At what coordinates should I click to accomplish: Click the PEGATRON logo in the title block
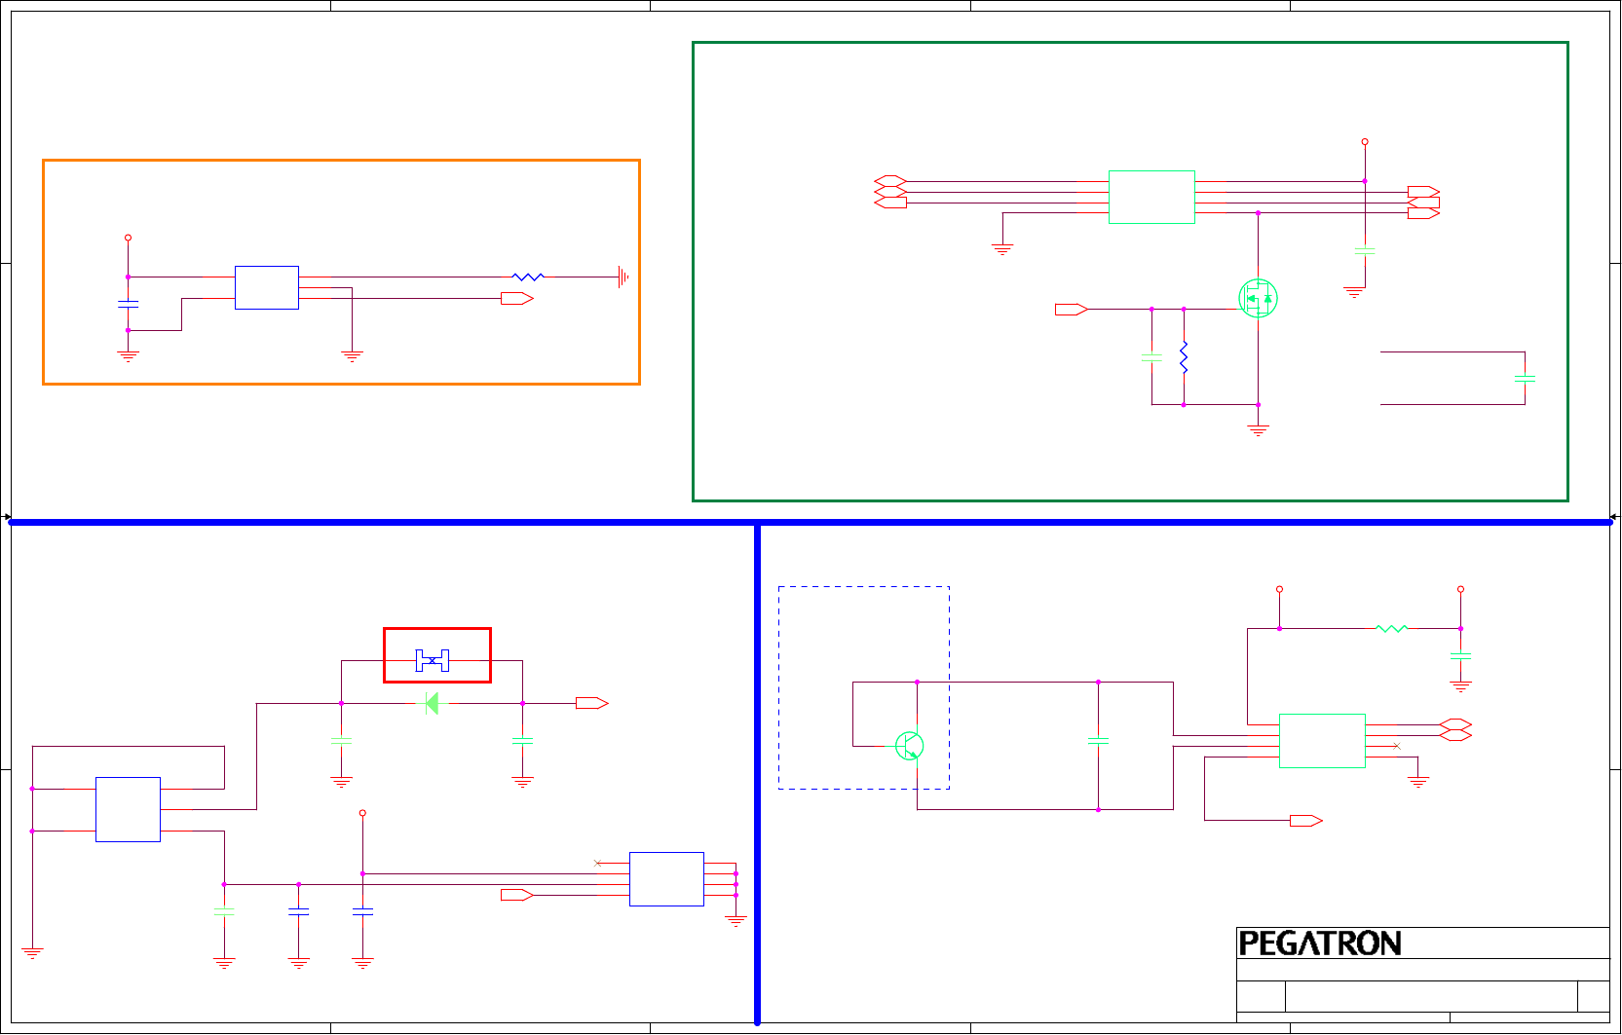1319,943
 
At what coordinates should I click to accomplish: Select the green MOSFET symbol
1258,298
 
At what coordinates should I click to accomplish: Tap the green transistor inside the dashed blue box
909,746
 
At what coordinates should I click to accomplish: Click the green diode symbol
432,703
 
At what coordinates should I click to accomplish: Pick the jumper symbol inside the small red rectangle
433,660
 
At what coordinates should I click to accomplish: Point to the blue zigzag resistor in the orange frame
528,277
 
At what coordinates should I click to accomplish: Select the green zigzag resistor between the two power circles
1391,629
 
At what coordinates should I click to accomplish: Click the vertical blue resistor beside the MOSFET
1184,357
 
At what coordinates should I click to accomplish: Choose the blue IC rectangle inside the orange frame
266,287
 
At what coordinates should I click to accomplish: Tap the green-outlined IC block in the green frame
1151,197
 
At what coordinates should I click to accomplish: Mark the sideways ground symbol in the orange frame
622,277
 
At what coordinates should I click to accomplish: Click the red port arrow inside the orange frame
516,299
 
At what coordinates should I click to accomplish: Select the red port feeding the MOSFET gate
1071,310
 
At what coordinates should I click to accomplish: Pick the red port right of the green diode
591,703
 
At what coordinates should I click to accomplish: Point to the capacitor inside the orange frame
128,305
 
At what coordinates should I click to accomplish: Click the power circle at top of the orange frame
128,238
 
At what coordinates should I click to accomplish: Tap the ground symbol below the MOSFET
1258,429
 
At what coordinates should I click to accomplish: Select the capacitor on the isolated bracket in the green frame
1525,378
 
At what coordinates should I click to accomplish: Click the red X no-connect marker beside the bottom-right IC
1396,746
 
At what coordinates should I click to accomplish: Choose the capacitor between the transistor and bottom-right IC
1098,741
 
